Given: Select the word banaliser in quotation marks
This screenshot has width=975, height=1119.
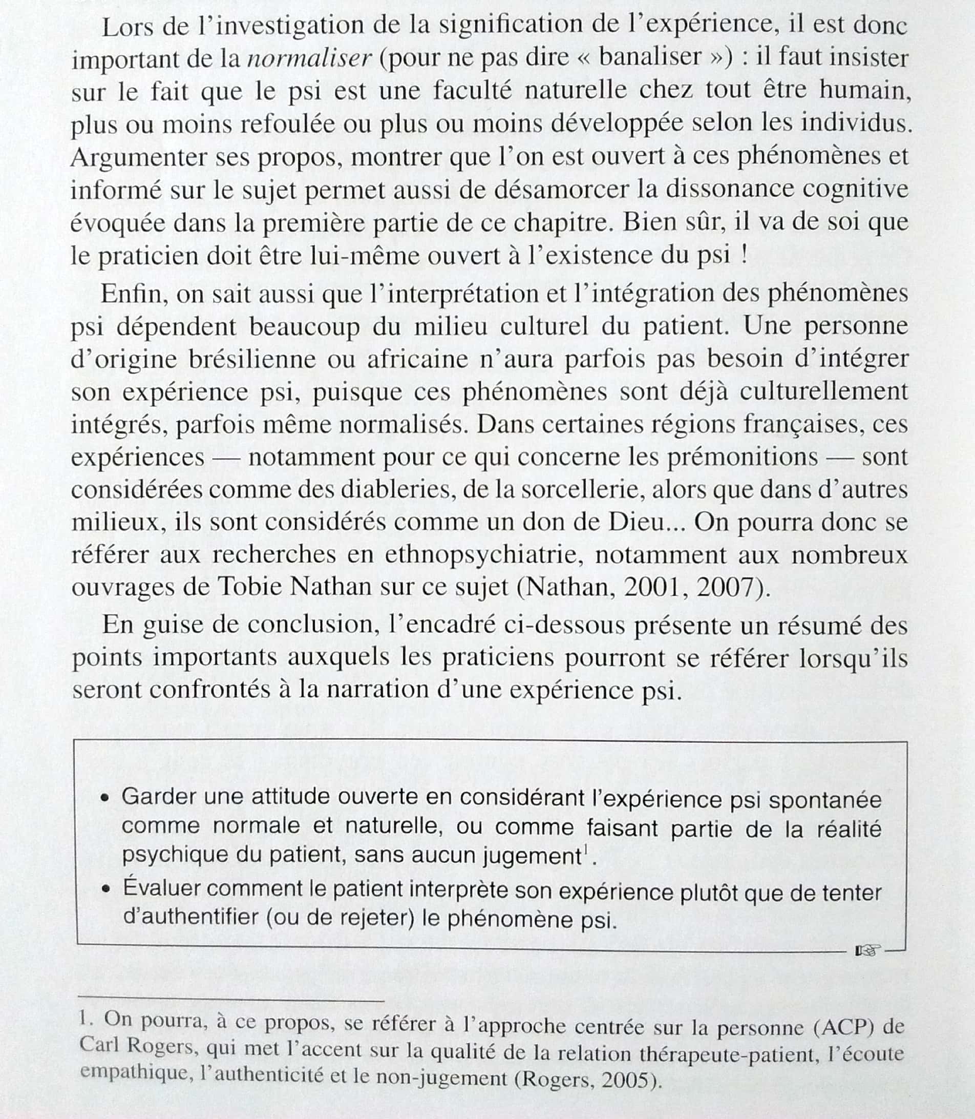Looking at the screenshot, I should click(x=650, y=56).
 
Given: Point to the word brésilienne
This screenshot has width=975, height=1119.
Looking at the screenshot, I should click(x=252, y=359).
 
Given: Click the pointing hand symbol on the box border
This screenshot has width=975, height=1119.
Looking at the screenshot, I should click(x=867, y=951).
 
